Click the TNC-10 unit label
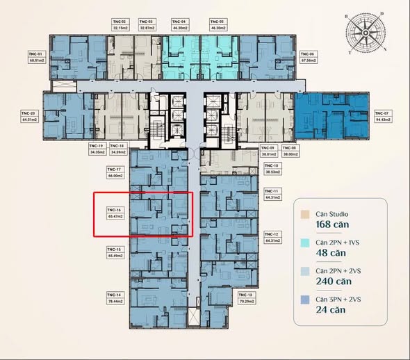click(271, 165)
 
